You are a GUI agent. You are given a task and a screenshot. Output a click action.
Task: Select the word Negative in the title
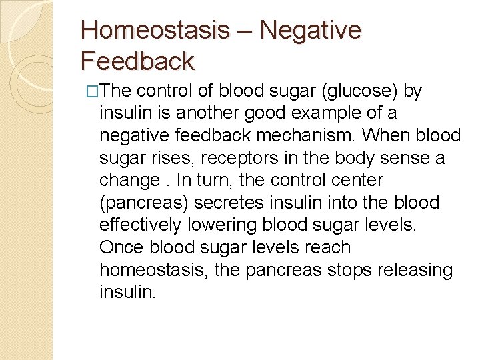click(x=310, y=31)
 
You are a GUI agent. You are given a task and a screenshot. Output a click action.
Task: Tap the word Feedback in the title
click(x=137, y=61)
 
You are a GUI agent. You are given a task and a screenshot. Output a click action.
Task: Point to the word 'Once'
click(x=122, y=247)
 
